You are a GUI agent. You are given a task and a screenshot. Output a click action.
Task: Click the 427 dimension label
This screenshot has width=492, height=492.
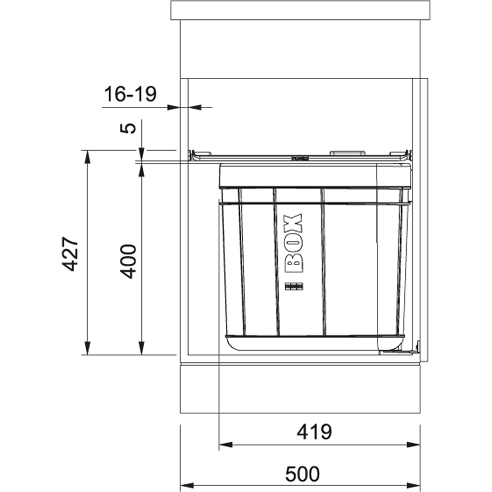(70, 253)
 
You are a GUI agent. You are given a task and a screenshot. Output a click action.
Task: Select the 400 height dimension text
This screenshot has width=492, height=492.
(129, 261)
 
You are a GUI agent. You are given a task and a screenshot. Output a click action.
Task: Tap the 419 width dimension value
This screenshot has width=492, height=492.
(314, 432)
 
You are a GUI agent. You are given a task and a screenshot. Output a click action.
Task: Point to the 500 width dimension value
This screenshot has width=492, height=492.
(302, 474)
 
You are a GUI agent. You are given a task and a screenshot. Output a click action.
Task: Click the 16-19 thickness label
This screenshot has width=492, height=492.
(129, 94)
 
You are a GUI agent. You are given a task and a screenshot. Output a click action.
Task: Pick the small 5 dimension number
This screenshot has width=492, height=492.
(128, 128)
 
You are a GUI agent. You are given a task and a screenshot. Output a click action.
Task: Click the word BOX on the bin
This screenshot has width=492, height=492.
(294, 244)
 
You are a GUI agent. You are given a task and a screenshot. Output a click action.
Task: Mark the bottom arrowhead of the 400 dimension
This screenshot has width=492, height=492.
(141, 349)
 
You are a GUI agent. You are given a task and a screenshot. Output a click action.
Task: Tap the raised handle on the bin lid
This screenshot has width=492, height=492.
(347, 153)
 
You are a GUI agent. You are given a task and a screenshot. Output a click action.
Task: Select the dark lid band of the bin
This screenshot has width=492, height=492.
(315, 176)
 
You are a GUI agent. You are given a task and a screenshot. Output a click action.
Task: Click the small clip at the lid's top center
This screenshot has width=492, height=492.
(300, 158)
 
